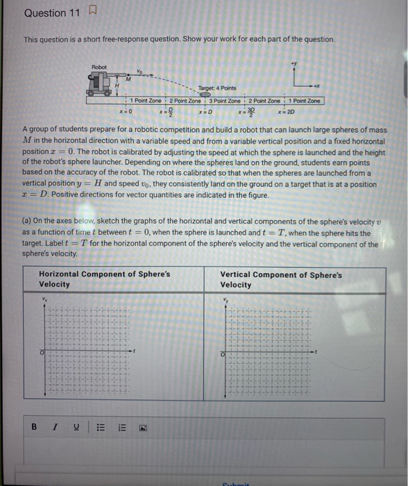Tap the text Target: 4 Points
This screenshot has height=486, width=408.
click(216, 88)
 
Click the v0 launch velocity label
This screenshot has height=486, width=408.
click(139, 69)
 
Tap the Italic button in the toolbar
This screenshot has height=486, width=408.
click(53, 426)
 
